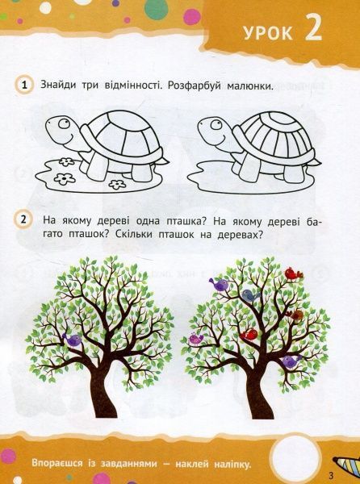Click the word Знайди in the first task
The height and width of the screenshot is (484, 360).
pyautogui.click(x=61, y=86)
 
